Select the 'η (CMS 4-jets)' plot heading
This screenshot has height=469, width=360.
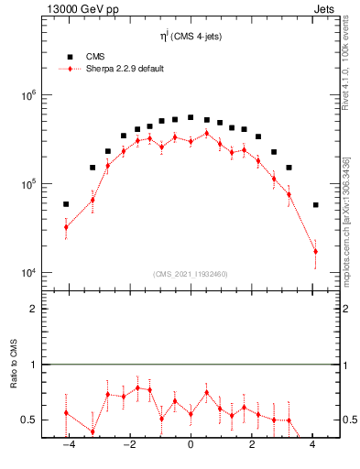click(191, 38)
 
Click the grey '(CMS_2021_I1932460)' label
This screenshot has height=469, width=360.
click(191, 274)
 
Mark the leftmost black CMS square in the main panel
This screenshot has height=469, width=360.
click(66, 204)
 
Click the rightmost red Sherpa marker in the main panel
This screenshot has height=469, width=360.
click(315, 251)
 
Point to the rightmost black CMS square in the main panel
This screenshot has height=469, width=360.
click(315, 205)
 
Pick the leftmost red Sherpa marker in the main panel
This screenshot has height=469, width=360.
click(66, 227)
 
